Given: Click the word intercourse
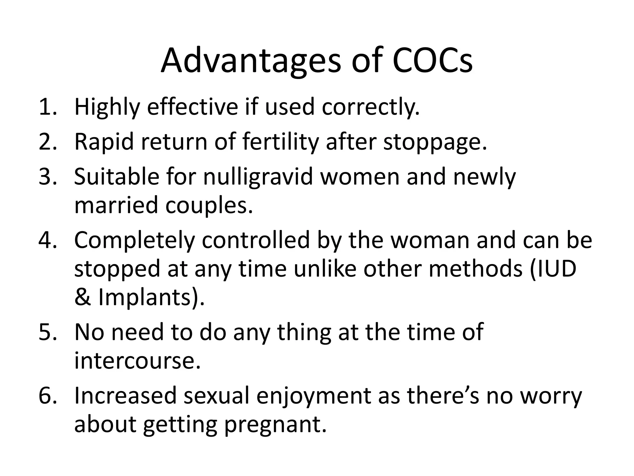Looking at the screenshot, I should tap(137, 361).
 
